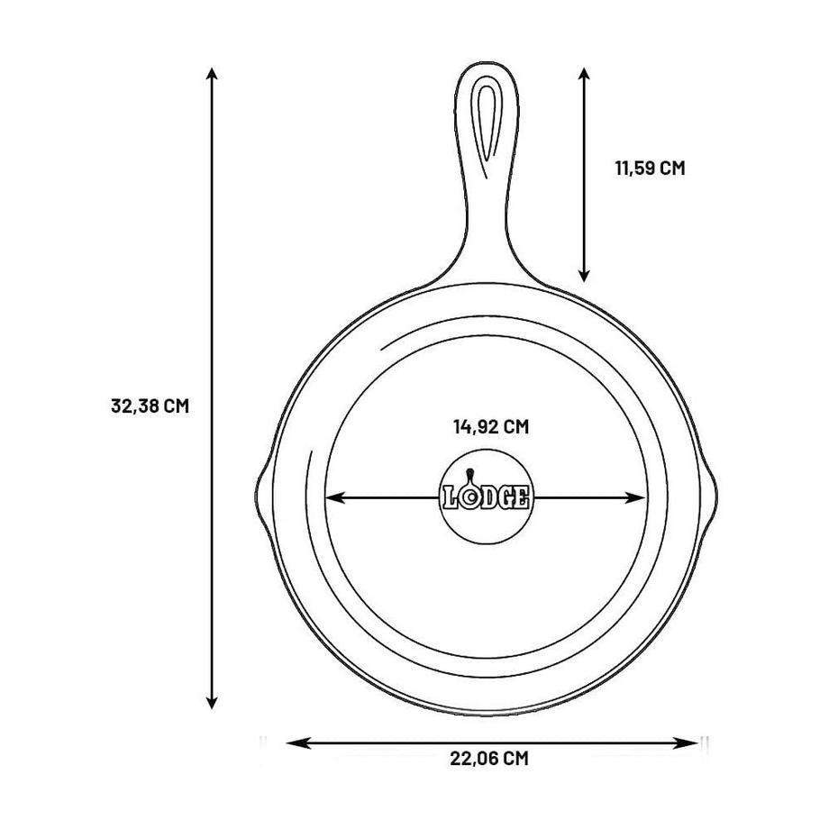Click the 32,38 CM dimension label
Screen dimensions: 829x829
[x=150, y=406]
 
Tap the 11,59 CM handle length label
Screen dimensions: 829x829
[x=650, y=169]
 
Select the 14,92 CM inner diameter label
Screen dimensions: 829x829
[x=491, y=426]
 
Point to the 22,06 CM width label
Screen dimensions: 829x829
[x=489, y=759]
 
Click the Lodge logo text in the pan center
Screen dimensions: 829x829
[x=487, y=497]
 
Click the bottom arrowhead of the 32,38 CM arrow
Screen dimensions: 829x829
[x=212, y=703]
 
